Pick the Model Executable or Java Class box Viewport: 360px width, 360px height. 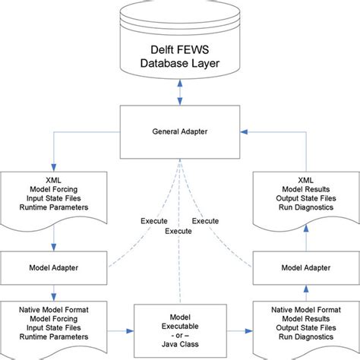click(179, 325)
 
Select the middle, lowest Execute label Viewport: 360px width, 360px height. click(179, 230)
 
